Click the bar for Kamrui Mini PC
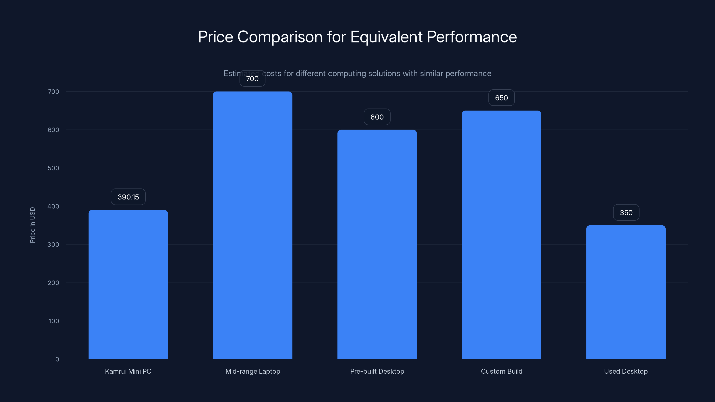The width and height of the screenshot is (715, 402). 128,284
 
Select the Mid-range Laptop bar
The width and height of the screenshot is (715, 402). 252,225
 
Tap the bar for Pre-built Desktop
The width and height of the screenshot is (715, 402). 377,244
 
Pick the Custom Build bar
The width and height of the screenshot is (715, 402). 501,235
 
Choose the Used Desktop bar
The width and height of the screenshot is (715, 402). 626,292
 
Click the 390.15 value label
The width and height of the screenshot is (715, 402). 128,197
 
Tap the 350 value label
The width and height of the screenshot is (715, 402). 626,213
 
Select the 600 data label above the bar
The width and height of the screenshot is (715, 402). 377,117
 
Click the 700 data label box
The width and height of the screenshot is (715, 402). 252,79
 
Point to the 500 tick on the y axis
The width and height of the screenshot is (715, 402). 53,168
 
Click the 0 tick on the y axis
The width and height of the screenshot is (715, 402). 57,359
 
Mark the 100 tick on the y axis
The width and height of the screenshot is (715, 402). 54,321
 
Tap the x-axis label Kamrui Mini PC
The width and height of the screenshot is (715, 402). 128,371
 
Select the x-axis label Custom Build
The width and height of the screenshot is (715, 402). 501,371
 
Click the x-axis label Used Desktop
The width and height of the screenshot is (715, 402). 626,371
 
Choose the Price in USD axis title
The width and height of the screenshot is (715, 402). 32,225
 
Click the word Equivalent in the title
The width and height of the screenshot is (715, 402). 386,37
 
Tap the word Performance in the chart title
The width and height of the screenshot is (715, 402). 472,37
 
